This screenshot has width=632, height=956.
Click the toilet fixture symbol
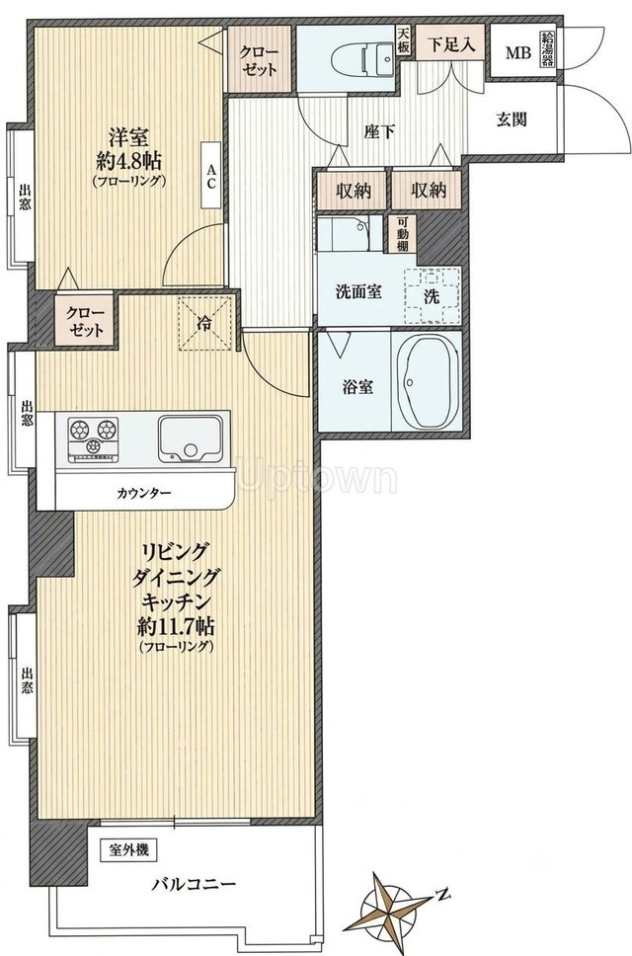(362, 58)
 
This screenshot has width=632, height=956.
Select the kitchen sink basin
(191, 438)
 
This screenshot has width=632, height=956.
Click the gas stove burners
(93, 437)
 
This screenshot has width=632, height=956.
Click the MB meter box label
(518, 52)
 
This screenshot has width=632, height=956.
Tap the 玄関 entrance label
(511, 119)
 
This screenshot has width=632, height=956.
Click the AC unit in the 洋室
(211, 176)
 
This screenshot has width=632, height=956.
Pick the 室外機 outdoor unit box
(129, 849)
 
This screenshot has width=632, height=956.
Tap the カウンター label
(144, 493)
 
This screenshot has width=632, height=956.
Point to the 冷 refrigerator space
(206, 323)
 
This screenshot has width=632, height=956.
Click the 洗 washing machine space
(432, 294)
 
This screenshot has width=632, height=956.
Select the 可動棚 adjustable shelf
(402, 234)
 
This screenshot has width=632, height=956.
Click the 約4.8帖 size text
(129, 161)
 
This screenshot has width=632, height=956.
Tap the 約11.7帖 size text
(176, 626)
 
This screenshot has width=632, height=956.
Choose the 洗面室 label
(359, 291)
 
